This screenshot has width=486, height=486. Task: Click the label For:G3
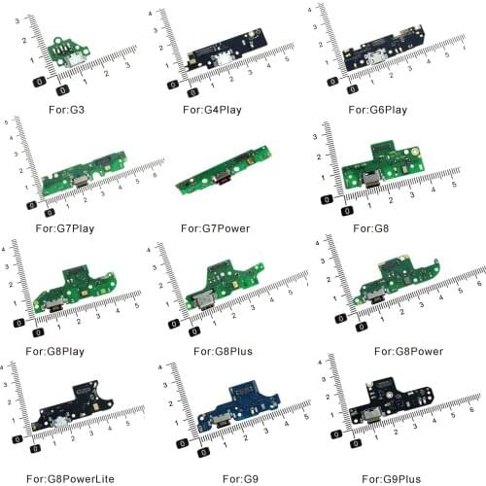66,110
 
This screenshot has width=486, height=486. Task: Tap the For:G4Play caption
212,110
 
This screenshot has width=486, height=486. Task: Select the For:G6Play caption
378,110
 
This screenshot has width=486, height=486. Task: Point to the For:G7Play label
65,228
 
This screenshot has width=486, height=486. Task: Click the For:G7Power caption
216,228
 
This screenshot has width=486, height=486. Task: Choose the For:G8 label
370,228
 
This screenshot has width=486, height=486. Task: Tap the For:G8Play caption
55,351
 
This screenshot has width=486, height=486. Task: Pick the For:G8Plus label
223,351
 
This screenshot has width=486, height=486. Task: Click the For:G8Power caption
408,351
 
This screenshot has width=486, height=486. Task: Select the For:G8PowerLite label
70,479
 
